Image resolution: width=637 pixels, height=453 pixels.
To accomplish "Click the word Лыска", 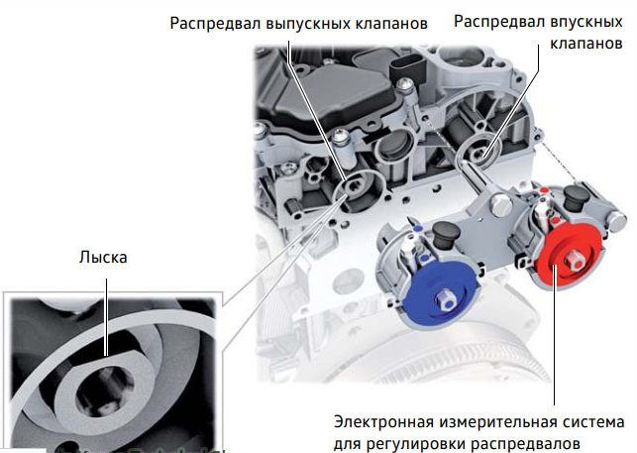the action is [103, 257].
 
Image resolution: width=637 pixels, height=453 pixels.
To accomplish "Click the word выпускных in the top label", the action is [308, 24].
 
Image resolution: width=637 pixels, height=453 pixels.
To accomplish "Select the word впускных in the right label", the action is [585, 22].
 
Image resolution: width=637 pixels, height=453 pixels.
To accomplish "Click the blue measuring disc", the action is [438, 293].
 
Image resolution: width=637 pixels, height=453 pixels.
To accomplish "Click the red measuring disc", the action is [568, 256].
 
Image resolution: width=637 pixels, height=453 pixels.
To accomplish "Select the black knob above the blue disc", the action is [446, 235].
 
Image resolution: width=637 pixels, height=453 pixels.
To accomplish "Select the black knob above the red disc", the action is [577, 198].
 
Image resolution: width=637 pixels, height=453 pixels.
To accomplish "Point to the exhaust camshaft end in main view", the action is [351, 187].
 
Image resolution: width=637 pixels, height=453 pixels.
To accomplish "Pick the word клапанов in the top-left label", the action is [391, 24].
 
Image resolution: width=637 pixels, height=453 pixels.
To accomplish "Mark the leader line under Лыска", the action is [106, 317].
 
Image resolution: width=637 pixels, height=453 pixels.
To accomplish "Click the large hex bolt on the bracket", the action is [501, 205].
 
